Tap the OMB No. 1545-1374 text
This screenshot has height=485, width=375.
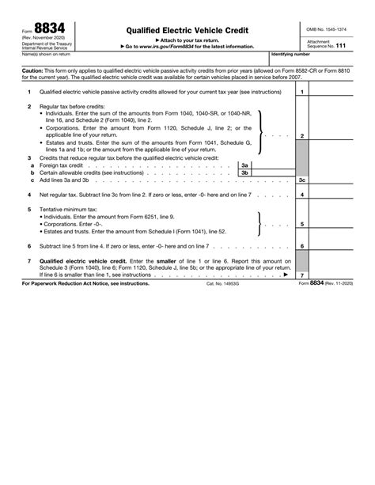pos(326,29)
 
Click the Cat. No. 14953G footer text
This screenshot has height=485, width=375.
pos(224,282)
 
